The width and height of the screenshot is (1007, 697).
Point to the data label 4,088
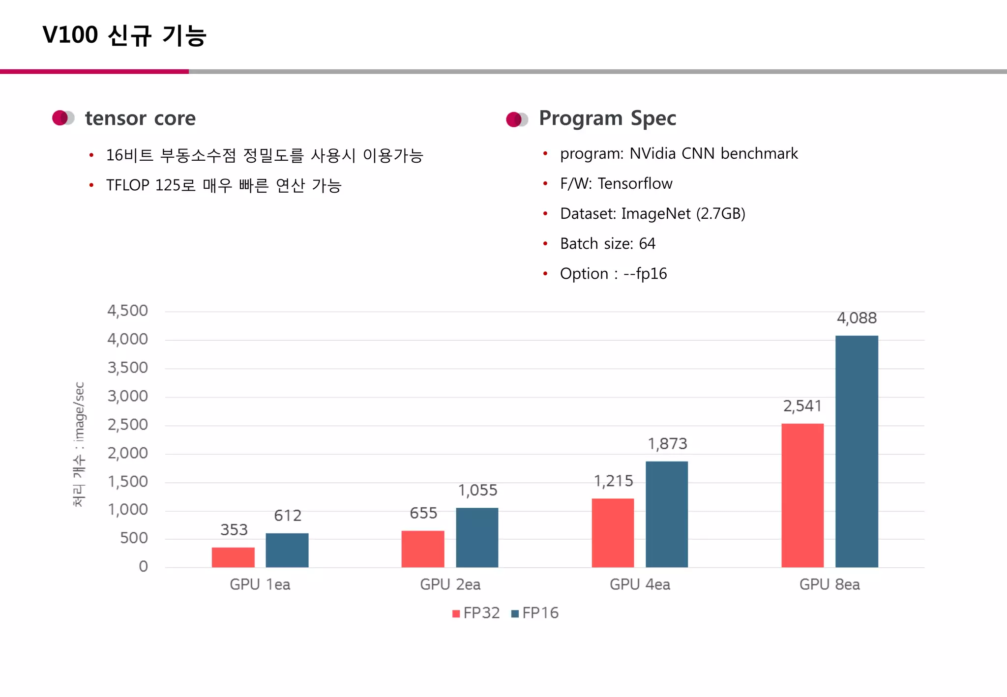point(857,318)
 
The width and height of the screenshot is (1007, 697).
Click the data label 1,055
point(477,490)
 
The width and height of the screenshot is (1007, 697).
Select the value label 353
point(234,529)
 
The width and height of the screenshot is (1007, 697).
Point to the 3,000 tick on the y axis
point(127,396)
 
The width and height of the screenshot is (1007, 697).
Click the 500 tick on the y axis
point(134,538)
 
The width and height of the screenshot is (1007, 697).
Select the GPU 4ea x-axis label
point(640,584)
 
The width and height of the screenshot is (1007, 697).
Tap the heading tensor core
point(140,118)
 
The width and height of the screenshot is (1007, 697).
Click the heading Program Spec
point(607,118)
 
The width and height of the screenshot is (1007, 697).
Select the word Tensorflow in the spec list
point(635,183)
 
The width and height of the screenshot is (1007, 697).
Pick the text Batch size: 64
point(607,243)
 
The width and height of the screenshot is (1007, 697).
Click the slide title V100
point(70,35)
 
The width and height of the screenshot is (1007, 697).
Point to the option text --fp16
point(645,273)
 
